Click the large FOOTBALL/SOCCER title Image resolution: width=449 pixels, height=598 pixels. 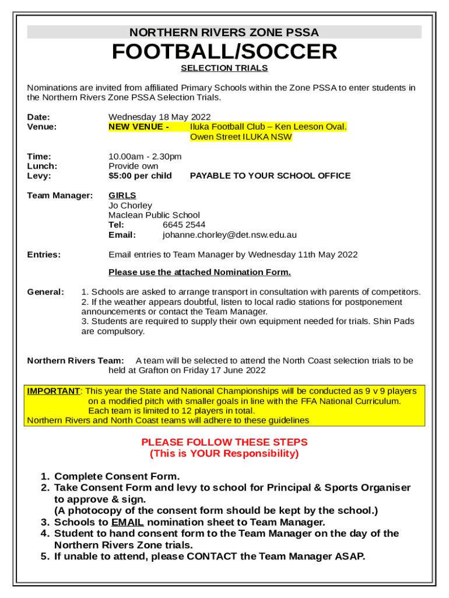click(x=224, y=52)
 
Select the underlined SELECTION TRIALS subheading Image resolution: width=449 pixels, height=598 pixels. click(x=224, y=68)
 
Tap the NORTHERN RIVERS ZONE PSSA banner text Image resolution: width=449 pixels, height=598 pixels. click(x=224, y=33)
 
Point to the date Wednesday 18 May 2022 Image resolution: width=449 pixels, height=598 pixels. click(x=159, y=117)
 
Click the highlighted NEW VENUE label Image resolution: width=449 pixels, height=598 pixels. click(x=139, y=127)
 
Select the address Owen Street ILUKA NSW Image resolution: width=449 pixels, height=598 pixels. click(x=241, y=137)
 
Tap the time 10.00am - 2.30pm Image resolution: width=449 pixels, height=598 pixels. click(x=145, y=157)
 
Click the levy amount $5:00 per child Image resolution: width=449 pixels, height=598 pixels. click(x=140, y=176)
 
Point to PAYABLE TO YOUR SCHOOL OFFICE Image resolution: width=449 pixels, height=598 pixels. click(x=270, y=176)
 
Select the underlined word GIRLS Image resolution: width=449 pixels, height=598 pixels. click(x=122, y=196)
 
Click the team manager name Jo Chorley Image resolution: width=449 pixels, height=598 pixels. click(x=130, y=206)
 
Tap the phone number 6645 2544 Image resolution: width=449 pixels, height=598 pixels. click(x=184, y=225)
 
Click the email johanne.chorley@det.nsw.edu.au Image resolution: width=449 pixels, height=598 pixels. click(x=229, y=235)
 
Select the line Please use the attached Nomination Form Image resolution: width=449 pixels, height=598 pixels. click(x=199, y=273)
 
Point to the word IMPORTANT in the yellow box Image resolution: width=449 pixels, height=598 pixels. click(x=53, y=391)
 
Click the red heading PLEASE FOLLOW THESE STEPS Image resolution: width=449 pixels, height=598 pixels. click(x=224, y=442)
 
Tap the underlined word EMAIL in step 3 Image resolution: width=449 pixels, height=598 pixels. click(x=128, y=523)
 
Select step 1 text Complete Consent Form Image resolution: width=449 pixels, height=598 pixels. click(x=117, y=477)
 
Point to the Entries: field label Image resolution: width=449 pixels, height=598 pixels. click(x=44, y=255)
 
